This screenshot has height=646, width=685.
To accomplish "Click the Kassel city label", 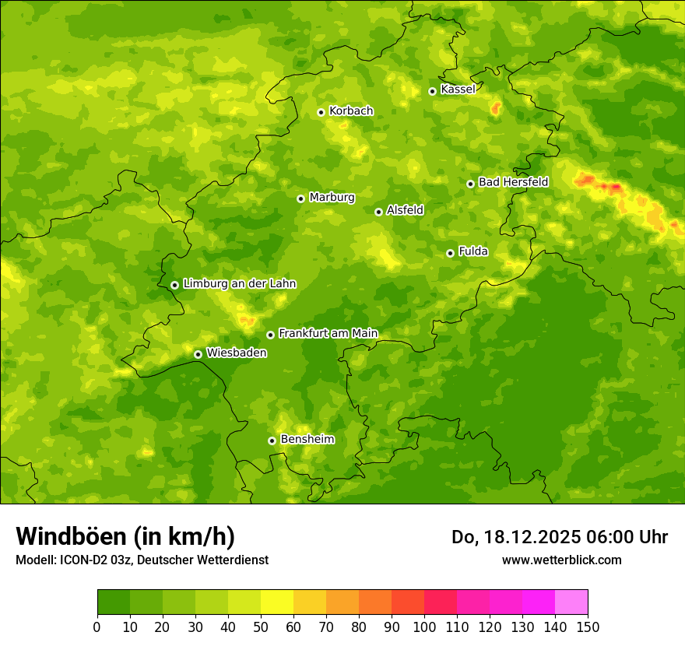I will point(458,90).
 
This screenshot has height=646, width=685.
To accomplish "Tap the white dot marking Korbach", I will point(321,112).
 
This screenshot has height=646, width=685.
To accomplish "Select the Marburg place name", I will point(332,198).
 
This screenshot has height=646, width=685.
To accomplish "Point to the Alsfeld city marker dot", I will point(378,212).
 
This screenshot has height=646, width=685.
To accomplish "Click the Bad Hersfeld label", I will point(513,182).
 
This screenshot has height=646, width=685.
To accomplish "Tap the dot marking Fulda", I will point(450,253).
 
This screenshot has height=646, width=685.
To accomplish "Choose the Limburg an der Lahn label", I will point(239,284).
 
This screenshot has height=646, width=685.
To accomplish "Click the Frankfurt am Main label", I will point(328,334).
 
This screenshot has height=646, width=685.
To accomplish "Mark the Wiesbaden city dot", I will point(198,354).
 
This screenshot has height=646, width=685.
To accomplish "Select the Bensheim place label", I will point(307,440).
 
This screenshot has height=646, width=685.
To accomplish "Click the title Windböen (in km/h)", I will point(125,536).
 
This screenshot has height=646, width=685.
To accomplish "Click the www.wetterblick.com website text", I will point(561,560).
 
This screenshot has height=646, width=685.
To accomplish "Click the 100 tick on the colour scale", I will point(424,627).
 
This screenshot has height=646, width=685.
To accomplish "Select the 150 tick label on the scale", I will point(588,627).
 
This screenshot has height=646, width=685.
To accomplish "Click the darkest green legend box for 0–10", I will point(114,602).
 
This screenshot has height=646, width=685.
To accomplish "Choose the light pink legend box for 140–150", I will point(571,602).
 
